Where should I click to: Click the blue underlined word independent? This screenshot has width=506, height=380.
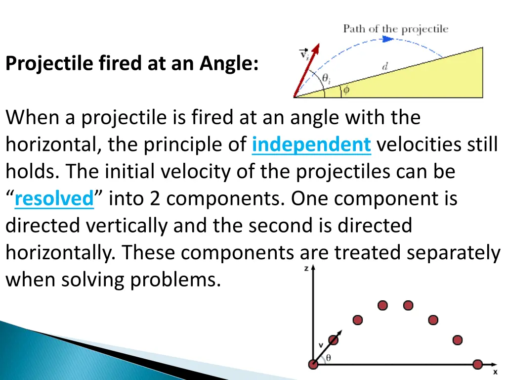click(311, 144)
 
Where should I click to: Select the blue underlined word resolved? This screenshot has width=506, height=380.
click(54, 199)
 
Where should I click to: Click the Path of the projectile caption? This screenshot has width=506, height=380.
click(395, 29)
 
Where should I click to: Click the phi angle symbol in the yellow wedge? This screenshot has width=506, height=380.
click(346, 90)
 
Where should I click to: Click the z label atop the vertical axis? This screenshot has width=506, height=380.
click(306, 268)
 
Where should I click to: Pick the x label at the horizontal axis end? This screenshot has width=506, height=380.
click(495, 371)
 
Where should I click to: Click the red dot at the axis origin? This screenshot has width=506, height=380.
click(313, 365)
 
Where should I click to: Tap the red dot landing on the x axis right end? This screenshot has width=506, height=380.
click(477, 365)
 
